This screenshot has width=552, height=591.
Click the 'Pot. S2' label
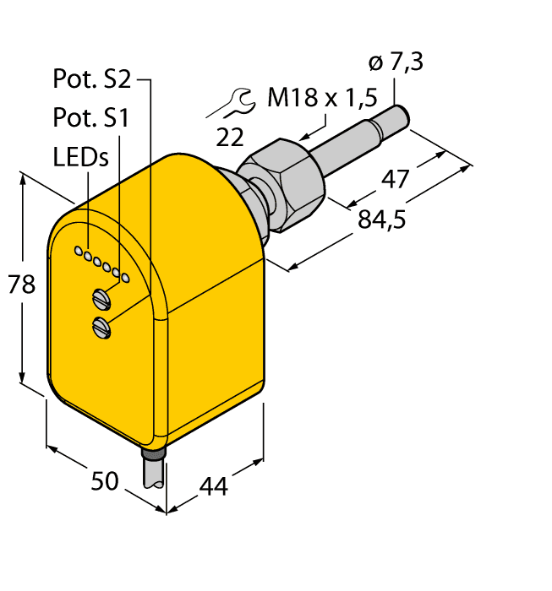(x=92, y=79)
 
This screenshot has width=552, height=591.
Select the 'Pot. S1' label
(x=90, y=118)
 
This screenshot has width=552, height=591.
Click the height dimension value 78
(x=22, y=285)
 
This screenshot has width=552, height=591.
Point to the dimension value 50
(x=105, y=482)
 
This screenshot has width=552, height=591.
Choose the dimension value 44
(x=213, y=486)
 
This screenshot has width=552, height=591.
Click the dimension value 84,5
(x=382, y=220)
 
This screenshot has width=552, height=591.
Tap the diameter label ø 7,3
(x=396, y=62)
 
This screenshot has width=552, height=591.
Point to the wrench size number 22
(x=231, y=135)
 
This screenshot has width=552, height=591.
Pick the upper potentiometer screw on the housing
(x=102, y=296)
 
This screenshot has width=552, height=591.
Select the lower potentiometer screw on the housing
(x=102, y=326)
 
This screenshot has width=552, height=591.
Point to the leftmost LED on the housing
(x=78, y=251)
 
